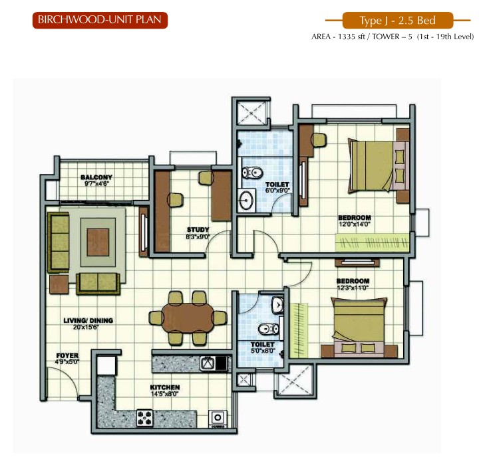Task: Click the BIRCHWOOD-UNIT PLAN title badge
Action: coord(100,20)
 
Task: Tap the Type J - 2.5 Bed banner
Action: coord(398,21)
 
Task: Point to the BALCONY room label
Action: coord(96,177)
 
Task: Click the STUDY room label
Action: coord(198,230)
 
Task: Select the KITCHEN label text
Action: coord(165,387)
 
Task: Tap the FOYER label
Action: coord(67,355)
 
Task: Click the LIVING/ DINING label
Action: coord(88,321)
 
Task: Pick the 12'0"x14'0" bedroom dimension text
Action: coord(355,225)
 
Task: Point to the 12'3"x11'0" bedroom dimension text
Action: coord(353,288)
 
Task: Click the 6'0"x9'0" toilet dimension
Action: coord(277,190)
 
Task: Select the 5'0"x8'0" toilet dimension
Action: coord(263,351)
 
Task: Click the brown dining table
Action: coord(188,318)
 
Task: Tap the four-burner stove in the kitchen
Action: coord(145,418)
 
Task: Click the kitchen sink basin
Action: coord(208,363)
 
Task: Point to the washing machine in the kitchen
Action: coord(218,418)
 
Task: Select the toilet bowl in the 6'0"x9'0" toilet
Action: coord(252,173)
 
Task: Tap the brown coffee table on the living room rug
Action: coord(98,242)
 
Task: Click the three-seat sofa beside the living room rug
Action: coord(59,242)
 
